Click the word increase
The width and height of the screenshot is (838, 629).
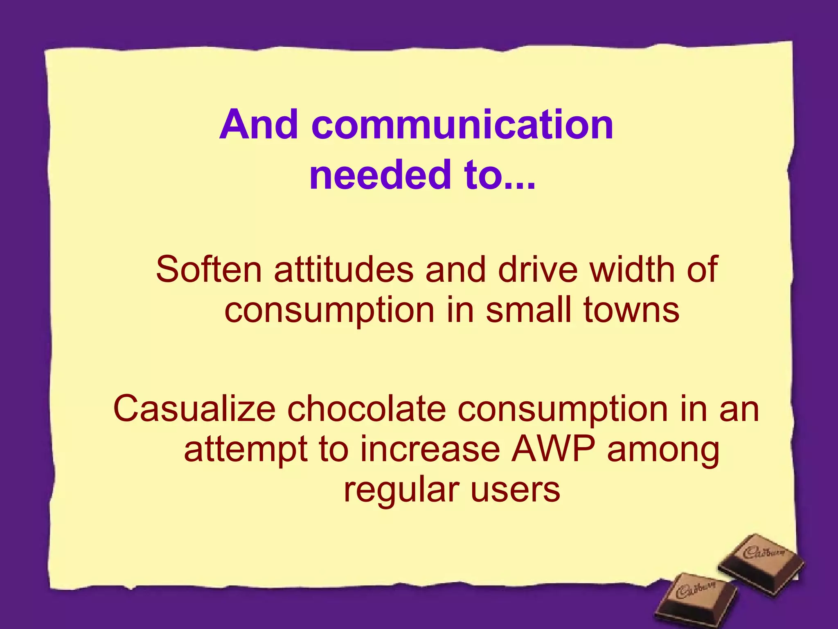coord(430,450)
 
